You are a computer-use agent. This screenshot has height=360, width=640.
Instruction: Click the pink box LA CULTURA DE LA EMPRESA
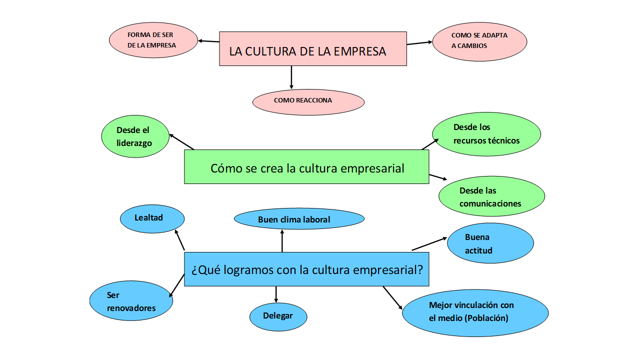coord(312,48)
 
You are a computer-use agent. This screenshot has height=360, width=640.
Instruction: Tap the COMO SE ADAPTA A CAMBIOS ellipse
coord(479,41)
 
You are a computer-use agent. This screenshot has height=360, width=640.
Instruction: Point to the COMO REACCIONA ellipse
coord(308,101)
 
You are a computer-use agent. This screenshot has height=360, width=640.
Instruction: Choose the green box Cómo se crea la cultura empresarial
coord(306,167)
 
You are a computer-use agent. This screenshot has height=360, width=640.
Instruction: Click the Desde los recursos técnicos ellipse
coord(486,134)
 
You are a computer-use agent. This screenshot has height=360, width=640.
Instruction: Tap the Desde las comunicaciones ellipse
coord(491,196)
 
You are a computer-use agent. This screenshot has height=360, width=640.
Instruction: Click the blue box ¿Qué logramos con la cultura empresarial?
coord(306,269)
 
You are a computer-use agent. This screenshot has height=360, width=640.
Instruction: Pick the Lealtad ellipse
coord(152,218)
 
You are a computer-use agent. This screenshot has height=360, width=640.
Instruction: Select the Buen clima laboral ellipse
coord(299,219)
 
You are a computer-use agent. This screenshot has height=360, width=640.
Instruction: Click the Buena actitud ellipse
coord(490,243)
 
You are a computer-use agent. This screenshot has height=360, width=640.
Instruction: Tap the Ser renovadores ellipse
coord(131,301)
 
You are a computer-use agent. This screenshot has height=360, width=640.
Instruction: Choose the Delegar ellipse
coord(278,316)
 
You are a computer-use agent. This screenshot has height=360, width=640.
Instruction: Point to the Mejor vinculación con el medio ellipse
coord(474,312)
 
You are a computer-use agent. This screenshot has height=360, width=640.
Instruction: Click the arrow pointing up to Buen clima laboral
coord(282,240)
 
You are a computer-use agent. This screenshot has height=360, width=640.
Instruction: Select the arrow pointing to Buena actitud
coord(429,243)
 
